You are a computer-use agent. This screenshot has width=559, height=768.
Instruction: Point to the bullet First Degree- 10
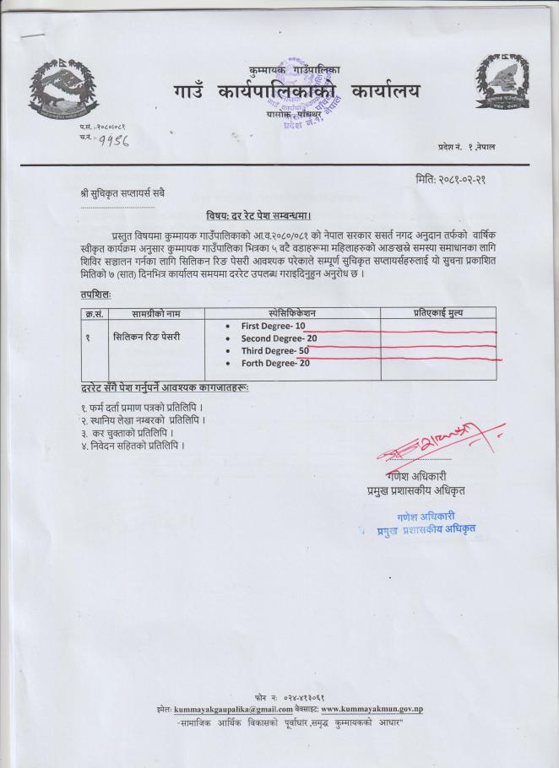pyautogui.click(x=273, y=326)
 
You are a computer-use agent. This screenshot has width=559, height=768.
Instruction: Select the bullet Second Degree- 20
pyautogui.click(x=279, y=338)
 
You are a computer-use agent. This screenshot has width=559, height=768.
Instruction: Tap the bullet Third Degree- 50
pyautogui.click(x=275, y=351)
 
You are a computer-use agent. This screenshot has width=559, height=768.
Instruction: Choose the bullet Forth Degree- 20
pyautogui.click(x=275, y=364)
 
